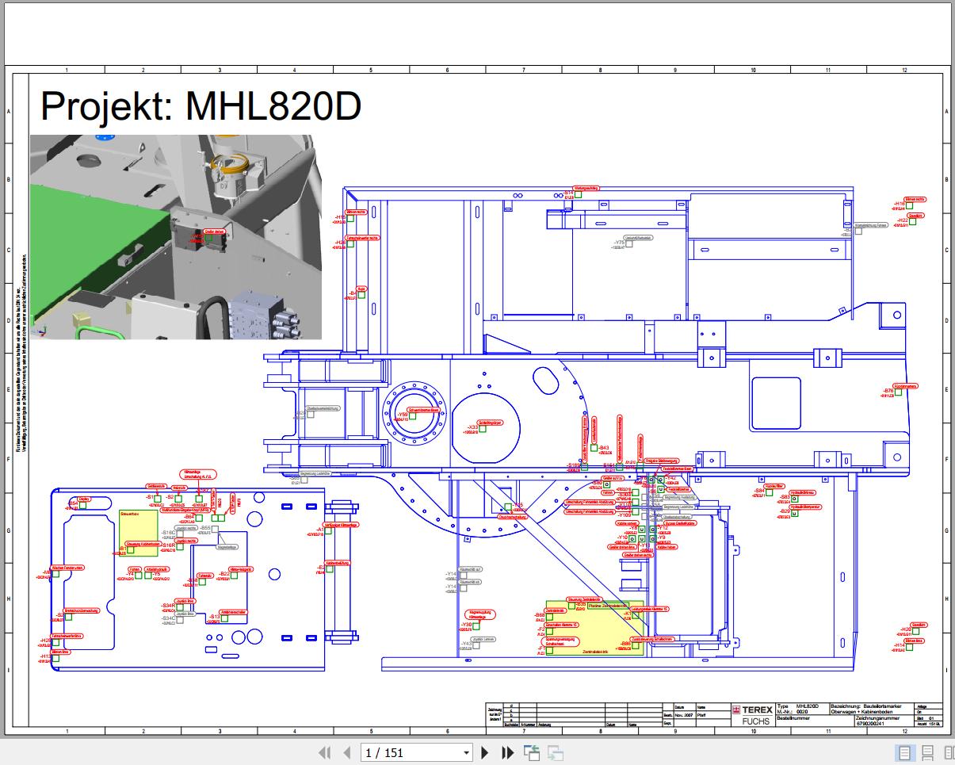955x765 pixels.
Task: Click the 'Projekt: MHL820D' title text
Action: point(201,105)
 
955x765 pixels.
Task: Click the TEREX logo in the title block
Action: point(752,710)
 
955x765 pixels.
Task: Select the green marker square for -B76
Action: point(899,393)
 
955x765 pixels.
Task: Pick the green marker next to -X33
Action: point(483,429)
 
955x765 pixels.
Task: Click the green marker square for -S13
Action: point(225,618)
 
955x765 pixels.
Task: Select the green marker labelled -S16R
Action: point(180,547)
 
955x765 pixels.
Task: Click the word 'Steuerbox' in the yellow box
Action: point(129,515)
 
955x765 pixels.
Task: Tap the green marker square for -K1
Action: point(635,615)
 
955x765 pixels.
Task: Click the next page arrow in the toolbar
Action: point(485,753)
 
